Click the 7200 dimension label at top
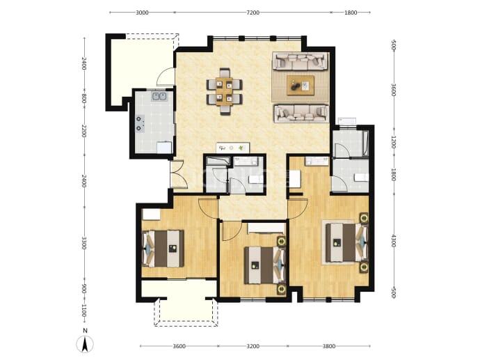(253, 13)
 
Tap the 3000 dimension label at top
(142, 13)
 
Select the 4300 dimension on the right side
(394, 241)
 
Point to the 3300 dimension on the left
(84, 243)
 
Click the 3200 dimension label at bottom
(253, 346)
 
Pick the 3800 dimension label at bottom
(329, 346)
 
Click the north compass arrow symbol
(85, 344)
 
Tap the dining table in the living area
(225, 92)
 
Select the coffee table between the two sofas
(301, 86)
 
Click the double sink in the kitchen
(159, 97)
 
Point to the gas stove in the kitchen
(141, 123)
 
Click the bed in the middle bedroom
(264, 265)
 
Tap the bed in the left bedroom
(163, 249)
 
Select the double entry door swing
(179, 174)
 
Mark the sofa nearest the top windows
(300, 61)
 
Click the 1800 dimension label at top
(351, 13)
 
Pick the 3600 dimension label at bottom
(179, 346)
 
